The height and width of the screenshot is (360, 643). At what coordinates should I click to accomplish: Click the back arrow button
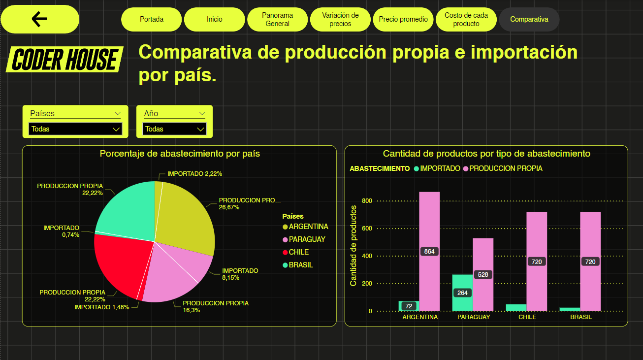tap(39, 19)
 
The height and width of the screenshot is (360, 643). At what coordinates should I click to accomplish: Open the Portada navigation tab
tap(152, 19)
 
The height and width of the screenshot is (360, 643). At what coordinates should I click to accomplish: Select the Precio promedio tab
tap(403, 19)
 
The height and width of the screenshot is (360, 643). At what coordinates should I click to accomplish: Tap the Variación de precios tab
tap(340, 19)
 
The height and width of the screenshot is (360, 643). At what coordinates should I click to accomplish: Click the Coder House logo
tap(64, 60)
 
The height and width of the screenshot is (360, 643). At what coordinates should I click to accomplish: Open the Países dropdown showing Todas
tap(75, 129)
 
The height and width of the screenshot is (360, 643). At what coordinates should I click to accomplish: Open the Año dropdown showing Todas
tap(174, 129)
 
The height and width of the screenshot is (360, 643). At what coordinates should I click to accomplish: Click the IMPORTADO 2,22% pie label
tap(194, 174)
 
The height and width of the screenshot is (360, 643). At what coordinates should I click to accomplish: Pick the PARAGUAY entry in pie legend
tap(307, 239)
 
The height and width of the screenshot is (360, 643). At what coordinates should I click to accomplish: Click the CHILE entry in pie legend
tap(298, 252)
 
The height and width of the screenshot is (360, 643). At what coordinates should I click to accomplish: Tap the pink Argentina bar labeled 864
tap(429, 222)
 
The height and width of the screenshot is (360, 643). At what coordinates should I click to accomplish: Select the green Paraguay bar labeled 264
tap(462, 300)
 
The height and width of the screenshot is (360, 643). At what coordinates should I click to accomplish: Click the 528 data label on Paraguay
tap(483, 274)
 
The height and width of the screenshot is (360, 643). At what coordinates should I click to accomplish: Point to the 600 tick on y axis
tap(367, 229)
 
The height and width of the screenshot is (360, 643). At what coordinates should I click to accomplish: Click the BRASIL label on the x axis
tap(581, 317)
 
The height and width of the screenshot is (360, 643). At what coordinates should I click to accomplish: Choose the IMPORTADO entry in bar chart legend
tap(440, 168)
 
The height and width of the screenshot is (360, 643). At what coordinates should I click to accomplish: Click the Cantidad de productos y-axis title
tap(353, 245)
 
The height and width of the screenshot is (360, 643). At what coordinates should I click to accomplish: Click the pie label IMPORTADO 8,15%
tap(240, 274)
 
